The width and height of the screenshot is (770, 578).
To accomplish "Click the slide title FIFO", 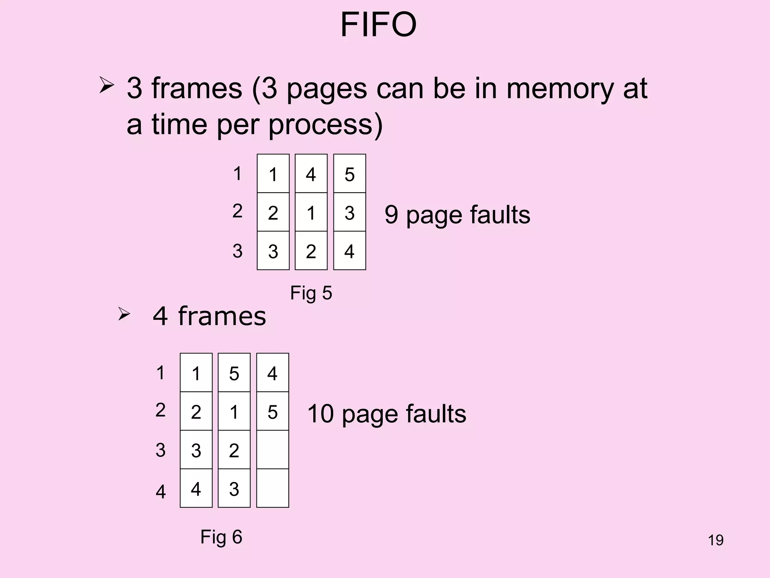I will [x=378, y=25].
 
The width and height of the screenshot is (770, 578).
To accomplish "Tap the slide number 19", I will [x=715, y=540].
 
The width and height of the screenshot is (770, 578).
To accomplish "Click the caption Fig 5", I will [x=311, y=293].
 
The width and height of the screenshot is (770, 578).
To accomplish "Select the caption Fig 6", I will [x=221, y=537].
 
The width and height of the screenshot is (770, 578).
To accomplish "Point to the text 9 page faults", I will [x=457, y=214].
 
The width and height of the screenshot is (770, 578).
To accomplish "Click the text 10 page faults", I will [x=387, y=414].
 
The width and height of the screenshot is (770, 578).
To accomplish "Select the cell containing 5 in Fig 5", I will [x=349, y=174].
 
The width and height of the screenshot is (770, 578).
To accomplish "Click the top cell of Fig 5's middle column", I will [x=311, y=174].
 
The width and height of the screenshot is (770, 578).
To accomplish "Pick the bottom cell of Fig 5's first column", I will [x=273, y=251].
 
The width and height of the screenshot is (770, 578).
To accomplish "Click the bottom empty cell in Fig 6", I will [x=273, y=488].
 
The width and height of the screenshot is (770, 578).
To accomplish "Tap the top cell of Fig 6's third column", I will [x=273, y=373].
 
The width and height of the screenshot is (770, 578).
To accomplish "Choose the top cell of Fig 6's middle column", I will [x=234, y=373].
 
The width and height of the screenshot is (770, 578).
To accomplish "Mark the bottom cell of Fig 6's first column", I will [x=196, y=488].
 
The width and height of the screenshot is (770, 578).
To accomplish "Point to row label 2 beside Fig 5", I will [x=237, y=211].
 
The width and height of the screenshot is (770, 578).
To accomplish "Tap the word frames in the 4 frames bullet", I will [x=222, y=316].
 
